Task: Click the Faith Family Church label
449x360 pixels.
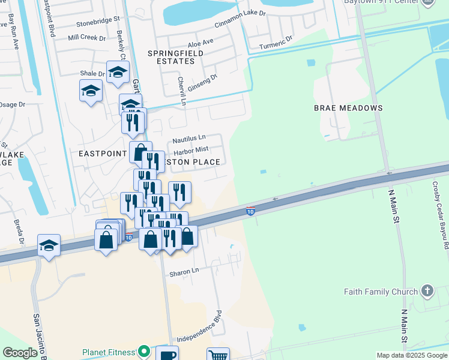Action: coord(381,292)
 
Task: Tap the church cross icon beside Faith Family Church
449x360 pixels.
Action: coord(427,291)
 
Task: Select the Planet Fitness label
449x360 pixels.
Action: coord(109,350)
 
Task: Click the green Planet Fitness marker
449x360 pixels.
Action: coord(143,350)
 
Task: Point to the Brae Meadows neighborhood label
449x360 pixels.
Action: coord(348,108)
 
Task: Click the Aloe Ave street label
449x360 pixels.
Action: coord(200,43)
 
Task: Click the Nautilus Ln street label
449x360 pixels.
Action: coord(189,139)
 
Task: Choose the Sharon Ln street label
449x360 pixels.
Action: coord(185,271)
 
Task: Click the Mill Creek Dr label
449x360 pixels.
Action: coord(86,37)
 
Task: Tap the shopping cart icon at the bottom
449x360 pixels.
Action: coord(218,355)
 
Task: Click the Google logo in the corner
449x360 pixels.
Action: coord(20,353)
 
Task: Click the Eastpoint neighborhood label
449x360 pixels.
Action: coord(103,154)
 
